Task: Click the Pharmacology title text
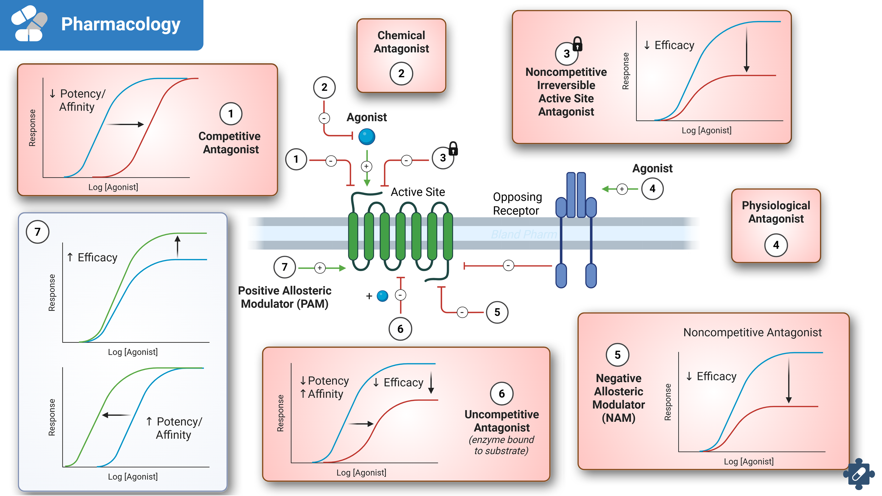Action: (121, 25)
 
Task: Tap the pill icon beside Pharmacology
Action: (29, 23)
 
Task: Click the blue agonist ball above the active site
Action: (367, 137)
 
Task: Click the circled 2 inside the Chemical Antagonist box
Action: (401, 73)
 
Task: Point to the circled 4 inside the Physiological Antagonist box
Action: (776, 245)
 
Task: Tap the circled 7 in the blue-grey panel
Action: (38, 232)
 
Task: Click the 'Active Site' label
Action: (418, 192)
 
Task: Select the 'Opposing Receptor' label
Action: (517, 204)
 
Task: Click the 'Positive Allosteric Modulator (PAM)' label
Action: (285, 297)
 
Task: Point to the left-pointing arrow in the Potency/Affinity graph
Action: (116, 415)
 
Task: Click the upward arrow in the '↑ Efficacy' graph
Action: (177, 246)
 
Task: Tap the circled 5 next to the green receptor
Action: (497, 312)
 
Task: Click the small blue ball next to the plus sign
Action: (382, 296)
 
